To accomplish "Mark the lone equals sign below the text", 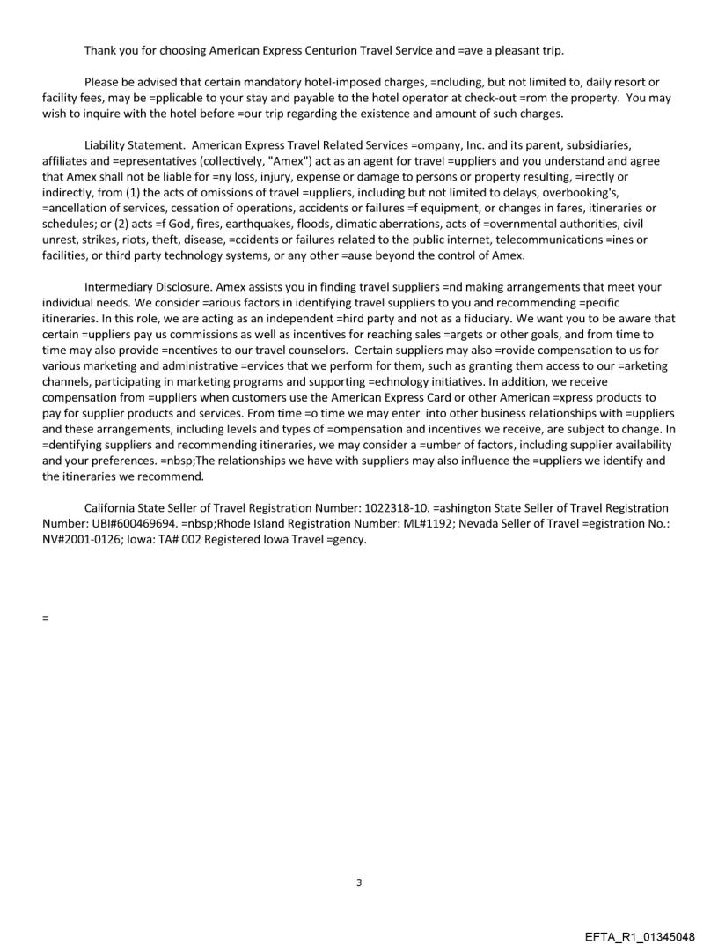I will tap(45, 617).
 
